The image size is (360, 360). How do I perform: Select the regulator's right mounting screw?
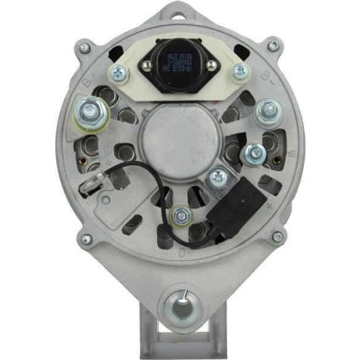pyautogui.click(x=240, y=71)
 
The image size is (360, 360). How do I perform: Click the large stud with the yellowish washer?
pyautogui.click(x=87, y=118)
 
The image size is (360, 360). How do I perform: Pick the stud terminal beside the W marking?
pyautogui.click(x=253, y=153)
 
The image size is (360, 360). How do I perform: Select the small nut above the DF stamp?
pyautogui.click(x=181, y=216)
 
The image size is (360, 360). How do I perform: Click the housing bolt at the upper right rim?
pyautogui.click(x=273, y=46)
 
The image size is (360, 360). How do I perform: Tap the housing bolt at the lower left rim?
pyautogui.click(x=86, y=239)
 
